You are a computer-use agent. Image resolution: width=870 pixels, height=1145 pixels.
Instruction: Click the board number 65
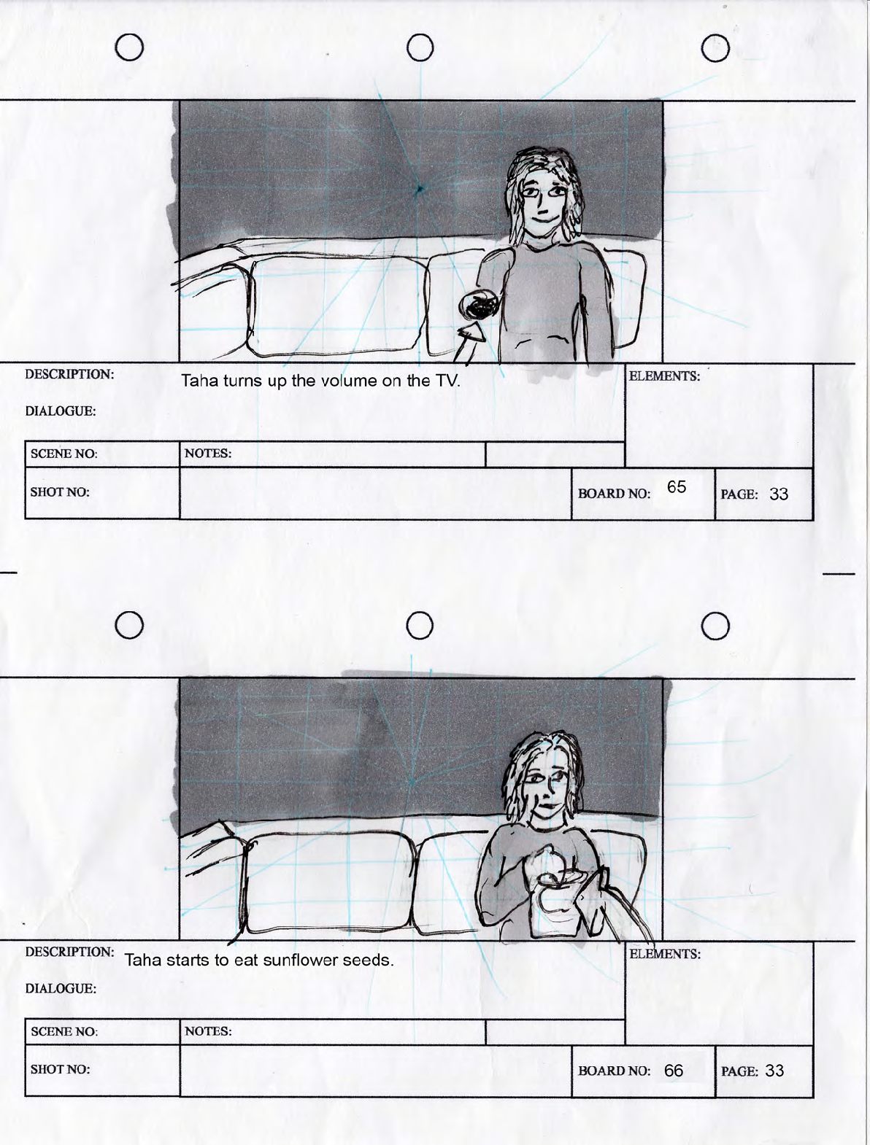677,486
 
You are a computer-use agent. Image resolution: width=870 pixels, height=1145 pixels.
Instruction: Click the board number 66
673,1071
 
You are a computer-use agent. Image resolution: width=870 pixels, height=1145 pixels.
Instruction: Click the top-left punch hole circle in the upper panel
129,47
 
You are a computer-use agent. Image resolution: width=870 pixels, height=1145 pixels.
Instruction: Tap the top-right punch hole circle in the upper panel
715,48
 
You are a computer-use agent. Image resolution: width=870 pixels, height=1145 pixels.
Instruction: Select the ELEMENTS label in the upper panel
664,376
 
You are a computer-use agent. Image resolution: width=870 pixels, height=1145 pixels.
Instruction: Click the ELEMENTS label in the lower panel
664,954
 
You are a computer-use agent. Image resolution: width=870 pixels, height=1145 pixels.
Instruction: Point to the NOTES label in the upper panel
208,454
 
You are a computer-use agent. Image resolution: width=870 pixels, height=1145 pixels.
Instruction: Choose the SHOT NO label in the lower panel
60,1069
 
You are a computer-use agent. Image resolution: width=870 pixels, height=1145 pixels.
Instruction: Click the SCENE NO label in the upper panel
63,454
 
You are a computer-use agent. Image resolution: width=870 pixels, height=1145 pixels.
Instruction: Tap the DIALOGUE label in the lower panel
61,988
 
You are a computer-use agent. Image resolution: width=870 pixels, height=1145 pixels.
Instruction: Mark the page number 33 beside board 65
779,494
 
